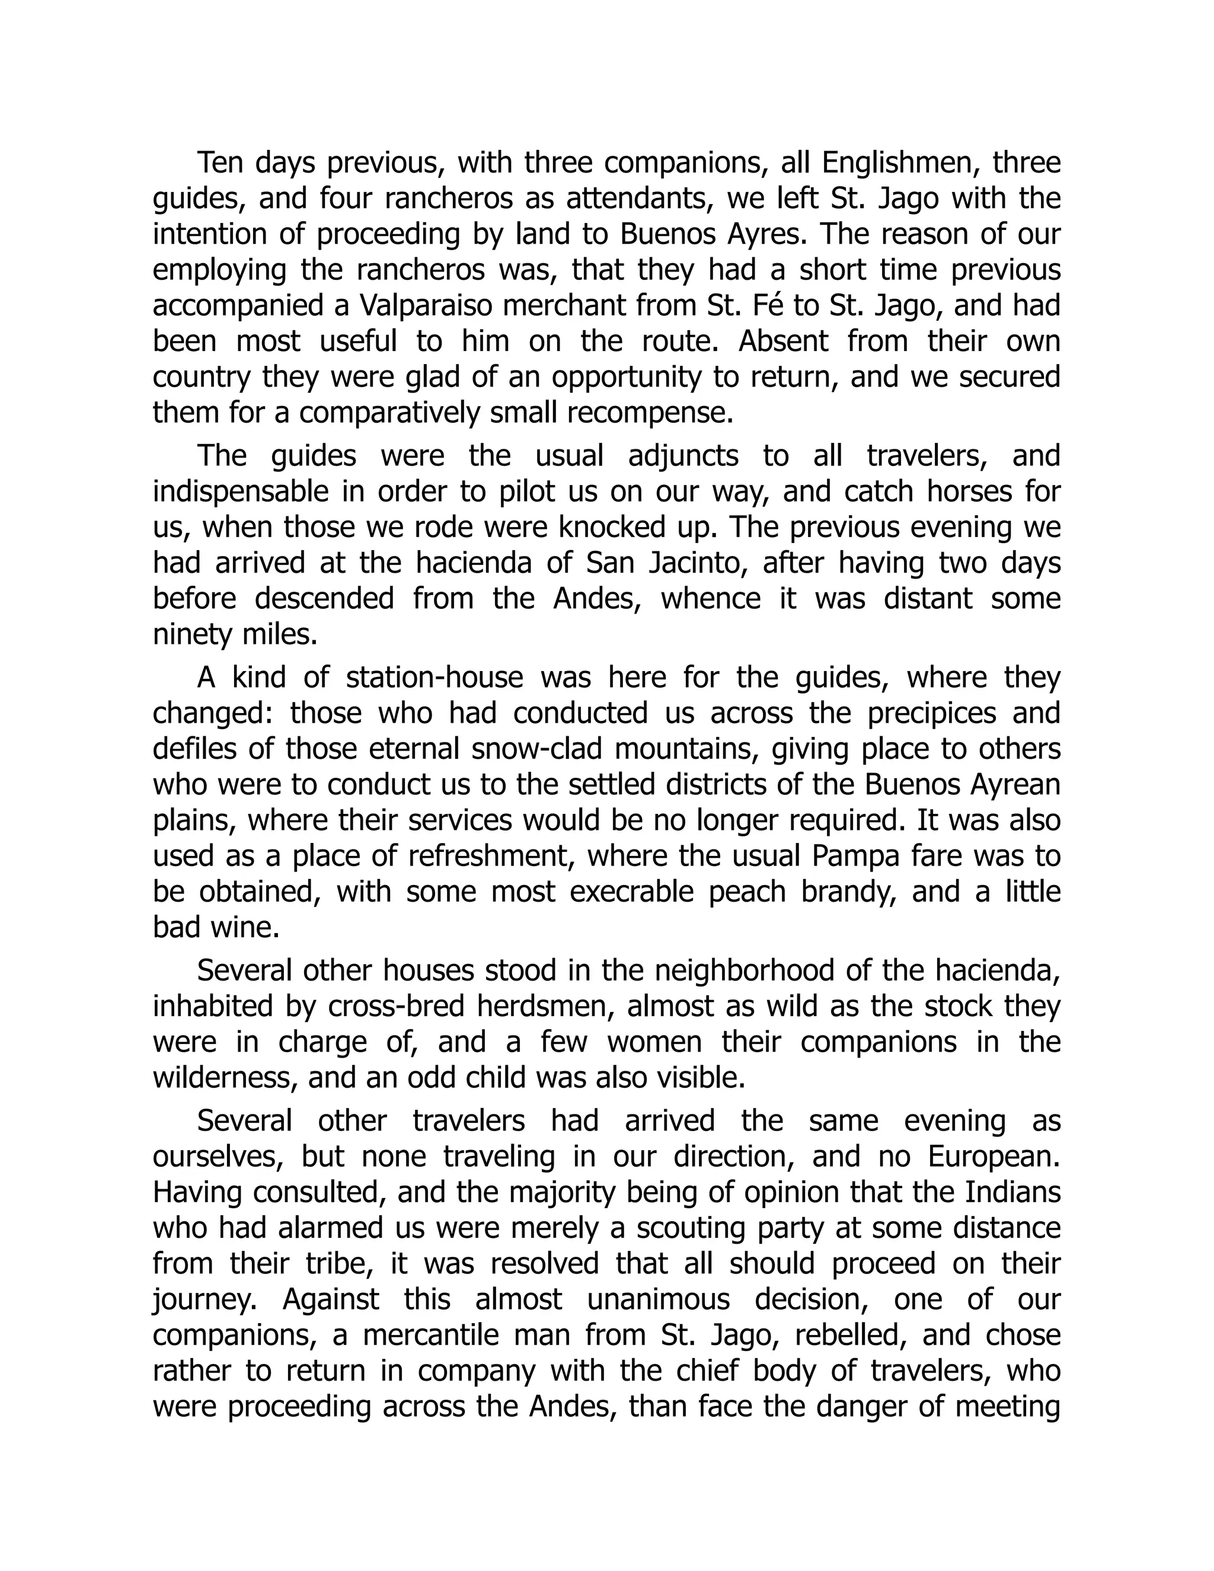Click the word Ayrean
(1015, 785)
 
